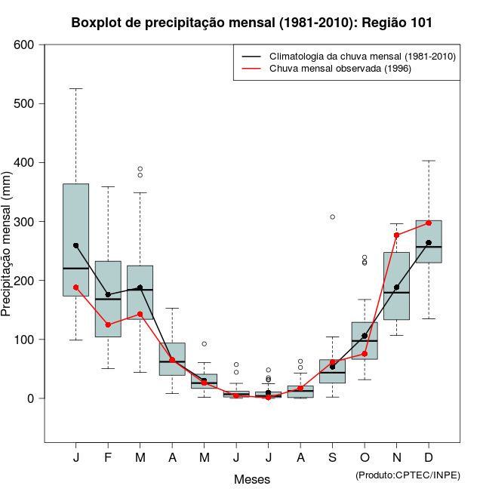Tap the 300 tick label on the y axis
coord(25,222)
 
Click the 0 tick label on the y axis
coord(31,398)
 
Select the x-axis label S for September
coord(332,458)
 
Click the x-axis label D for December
coord(429,458)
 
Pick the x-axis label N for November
coord(396,458)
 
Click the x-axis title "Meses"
coord(251,479)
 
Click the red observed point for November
coord(397,235)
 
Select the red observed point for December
coord(429,223)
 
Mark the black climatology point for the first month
coord(76,245)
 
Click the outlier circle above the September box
coord(332,217)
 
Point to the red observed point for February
coord(108,324)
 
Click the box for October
coord(365,340)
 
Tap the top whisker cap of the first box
coord(75,89)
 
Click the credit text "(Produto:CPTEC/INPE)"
coord(408,475)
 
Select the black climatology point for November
coord(397,287)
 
